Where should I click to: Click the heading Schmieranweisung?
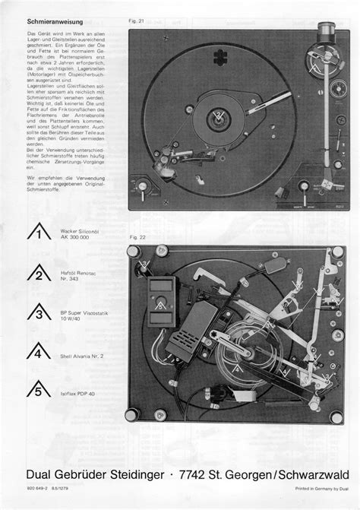click(55, 23)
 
